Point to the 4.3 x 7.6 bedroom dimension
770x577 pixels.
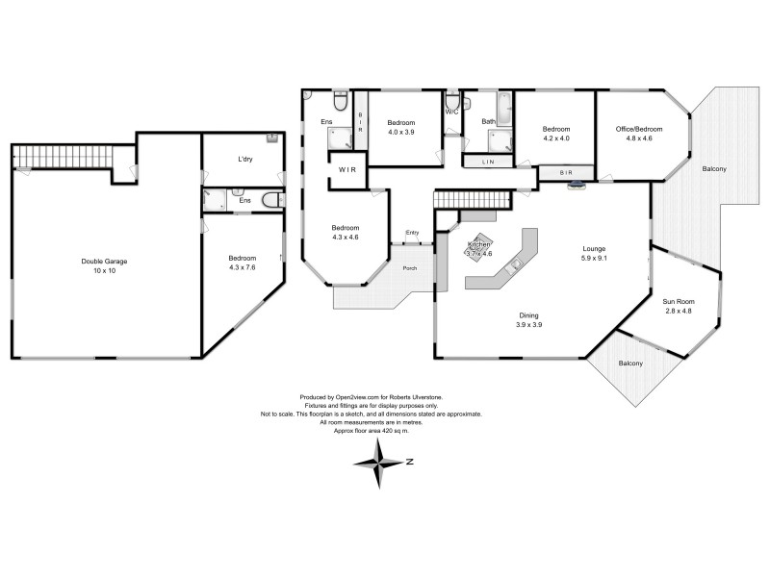click(x=243, y=270)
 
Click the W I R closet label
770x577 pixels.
click(x=346, y=170)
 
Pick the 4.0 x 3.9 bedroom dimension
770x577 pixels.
click(x=400, y=133)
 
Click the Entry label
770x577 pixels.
click(x=412, y=233)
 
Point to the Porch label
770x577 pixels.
click(x=410, y=267)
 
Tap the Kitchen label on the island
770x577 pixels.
click(x=479, y=246)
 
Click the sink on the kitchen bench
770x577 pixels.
click(x=515, y=262)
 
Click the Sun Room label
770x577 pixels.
click(x=679, y=301)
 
